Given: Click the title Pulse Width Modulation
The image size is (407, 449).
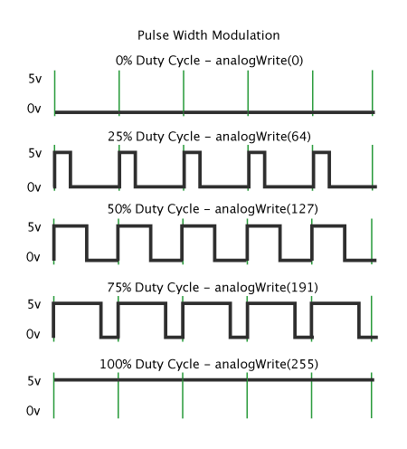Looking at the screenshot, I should coord(208,35).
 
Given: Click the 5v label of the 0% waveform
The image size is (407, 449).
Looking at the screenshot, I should coord(34,79).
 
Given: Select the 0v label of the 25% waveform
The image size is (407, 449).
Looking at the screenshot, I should coord(34,186).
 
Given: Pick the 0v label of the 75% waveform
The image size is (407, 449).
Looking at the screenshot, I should coord(34,335).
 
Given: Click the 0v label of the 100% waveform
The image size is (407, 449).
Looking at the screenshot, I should coord(34,411).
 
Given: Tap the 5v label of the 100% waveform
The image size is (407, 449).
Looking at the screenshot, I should coord(34,380).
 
